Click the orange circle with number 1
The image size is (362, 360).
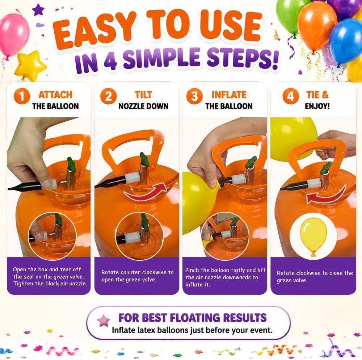[22, 96]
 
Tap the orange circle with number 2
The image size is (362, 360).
[108, 96]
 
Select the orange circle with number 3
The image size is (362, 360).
[194, 96]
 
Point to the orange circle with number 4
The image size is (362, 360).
[290, 96]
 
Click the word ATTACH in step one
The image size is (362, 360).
[55, 95]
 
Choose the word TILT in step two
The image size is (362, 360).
[143, 95]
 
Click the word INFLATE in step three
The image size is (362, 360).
[229, 95]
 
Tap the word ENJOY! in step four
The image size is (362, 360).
[317, 106]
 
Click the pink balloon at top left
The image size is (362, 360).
[14, 35]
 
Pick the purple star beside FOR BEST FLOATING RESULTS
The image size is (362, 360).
[103, 321]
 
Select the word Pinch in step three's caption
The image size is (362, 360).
[192, 270]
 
